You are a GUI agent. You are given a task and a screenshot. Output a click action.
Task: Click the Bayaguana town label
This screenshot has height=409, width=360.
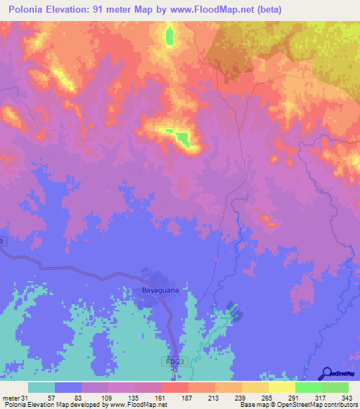point(154,288)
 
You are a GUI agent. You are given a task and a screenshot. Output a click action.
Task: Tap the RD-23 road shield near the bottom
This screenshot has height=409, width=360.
point(177,361)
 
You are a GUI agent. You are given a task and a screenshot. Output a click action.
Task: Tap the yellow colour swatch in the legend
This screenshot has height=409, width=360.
point(281,387)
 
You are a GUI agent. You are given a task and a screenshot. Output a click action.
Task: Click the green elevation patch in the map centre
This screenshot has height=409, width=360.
point(183,139)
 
